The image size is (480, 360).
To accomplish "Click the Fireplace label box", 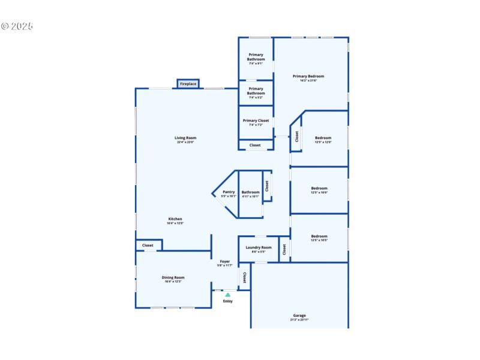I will tap(188, 84).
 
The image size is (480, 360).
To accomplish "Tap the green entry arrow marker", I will tap(227, 295).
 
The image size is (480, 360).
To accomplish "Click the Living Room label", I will tap(185, 138).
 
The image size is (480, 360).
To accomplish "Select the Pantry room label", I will tap(228, 192).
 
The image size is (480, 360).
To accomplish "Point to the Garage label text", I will tap(299, 316).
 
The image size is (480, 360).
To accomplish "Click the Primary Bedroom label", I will tap(308, 76).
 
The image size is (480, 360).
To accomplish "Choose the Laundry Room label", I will tap(259, 247).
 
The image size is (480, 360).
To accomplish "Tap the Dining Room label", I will tap(173, 277).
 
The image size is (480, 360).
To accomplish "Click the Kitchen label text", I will tap(175, 219).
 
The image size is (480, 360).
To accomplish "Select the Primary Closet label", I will tap(256, 121).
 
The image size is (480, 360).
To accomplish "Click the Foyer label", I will tap(224, 262).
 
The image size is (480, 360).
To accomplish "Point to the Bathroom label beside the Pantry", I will tap(250, 192).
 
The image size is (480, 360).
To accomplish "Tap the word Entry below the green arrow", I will tap(227, 301).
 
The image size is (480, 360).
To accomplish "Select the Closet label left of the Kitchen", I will tap(148, 245).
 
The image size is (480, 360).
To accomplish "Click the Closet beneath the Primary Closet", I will tap(255, 145).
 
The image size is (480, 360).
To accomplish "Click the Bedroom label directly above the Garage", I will tap(319, 236).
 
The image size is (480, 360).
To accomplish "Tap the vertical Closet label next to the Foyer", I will tap(244, 278).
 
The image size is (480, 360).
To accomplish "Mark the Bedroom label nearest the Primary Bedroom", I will tap(323, 138).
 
